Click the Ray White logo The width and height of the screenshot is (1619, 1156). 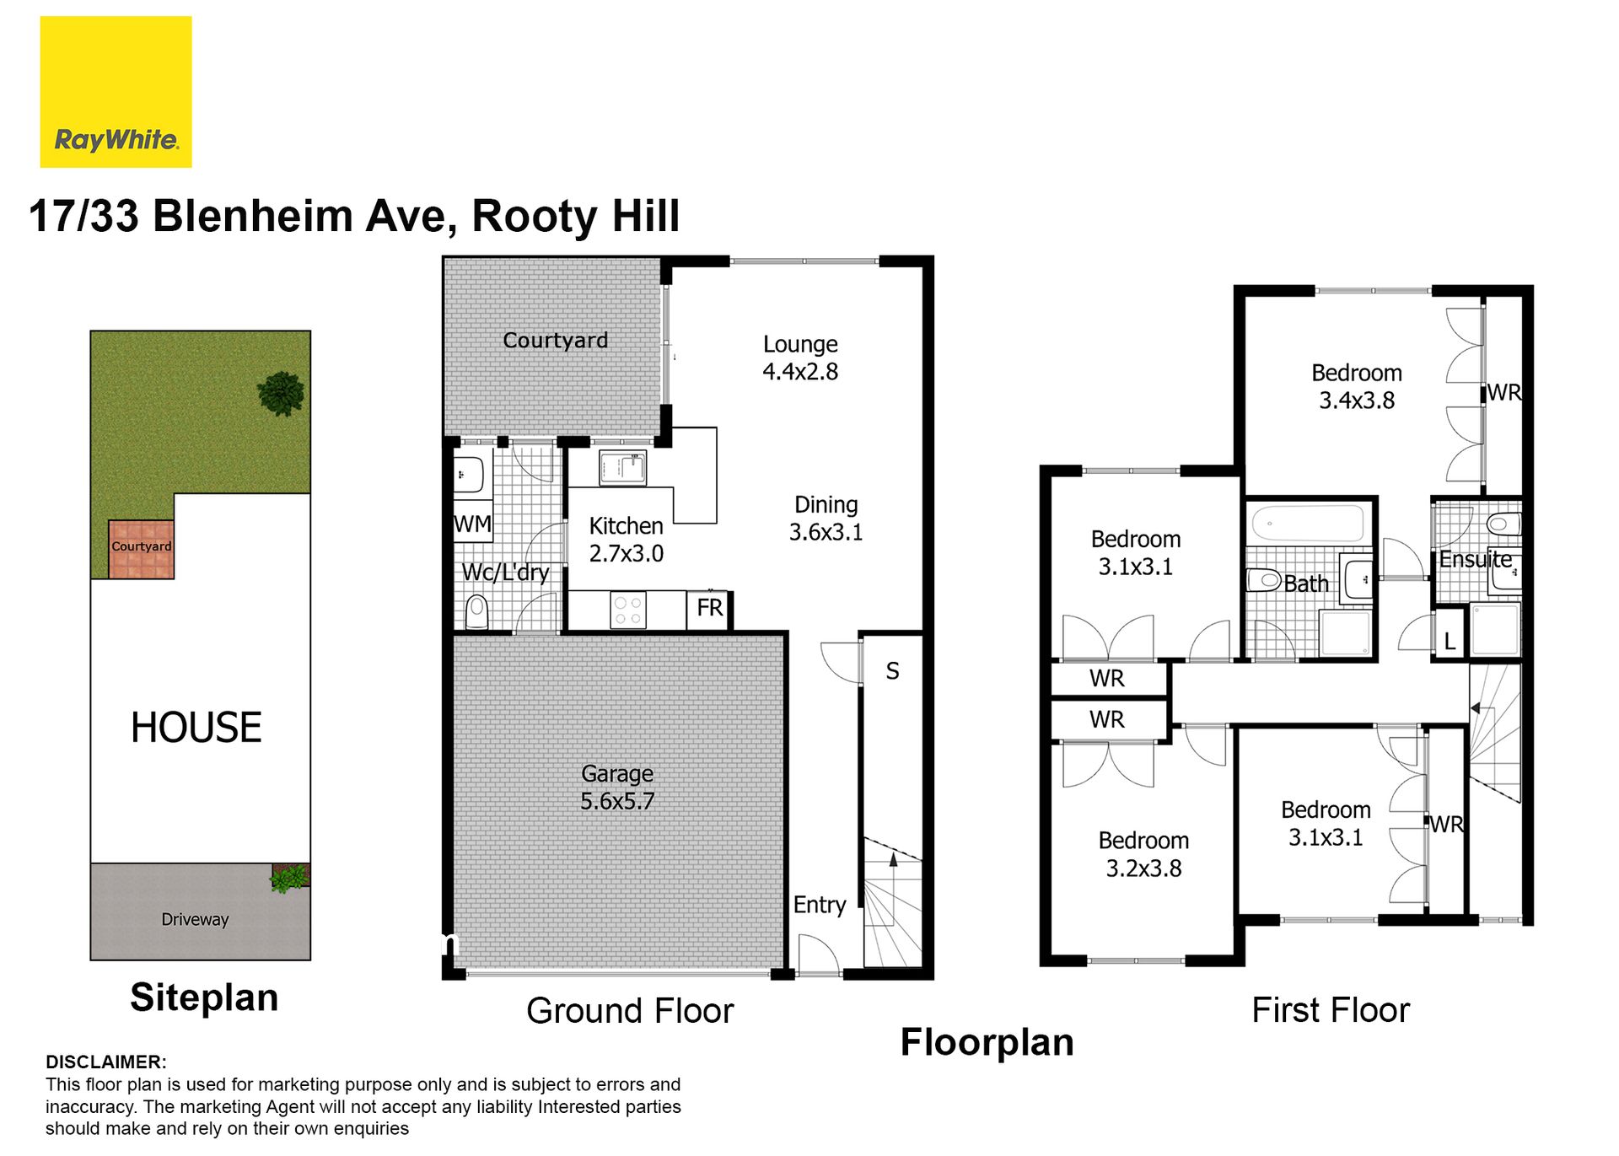116,92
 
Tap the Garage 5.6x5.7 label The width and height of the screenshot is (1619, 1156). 617,788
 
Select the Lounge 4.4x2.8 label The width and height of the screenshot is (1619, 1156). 800,358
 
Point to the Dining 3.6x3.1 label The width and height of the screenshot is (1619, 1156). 826,518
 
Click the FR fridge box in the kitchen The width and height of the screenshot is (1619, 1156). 709,608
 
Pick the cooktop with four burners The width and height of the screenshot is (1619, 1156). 627,610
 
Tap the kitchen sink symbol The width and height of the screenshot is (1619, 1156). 622,468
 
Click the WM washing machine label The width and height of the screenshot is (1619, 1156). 472,524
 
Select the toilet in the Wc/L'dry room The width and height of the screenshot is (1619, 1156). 476,611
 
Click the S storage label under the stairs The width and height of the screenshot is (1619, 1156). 892,671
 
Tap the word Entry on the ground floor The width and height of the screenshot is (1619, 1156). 819,905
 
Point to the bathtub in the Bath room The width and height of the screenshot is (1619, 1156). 1308,523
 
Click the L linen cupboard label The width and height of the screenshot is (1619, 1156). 1450,641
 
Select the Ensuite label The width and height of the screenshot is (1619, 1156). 1476,559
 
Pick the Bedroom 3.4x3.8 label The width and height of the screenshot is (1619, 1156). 1357,386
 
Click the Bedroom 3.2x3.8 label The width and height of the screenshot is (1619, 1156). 1143,854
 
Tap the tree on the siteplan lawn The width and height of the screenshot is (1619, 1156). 281,394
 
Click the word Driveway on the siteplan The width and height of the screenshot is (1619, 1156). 195,919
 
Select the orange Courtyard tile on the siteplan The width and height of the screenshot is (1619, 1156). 141,549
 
